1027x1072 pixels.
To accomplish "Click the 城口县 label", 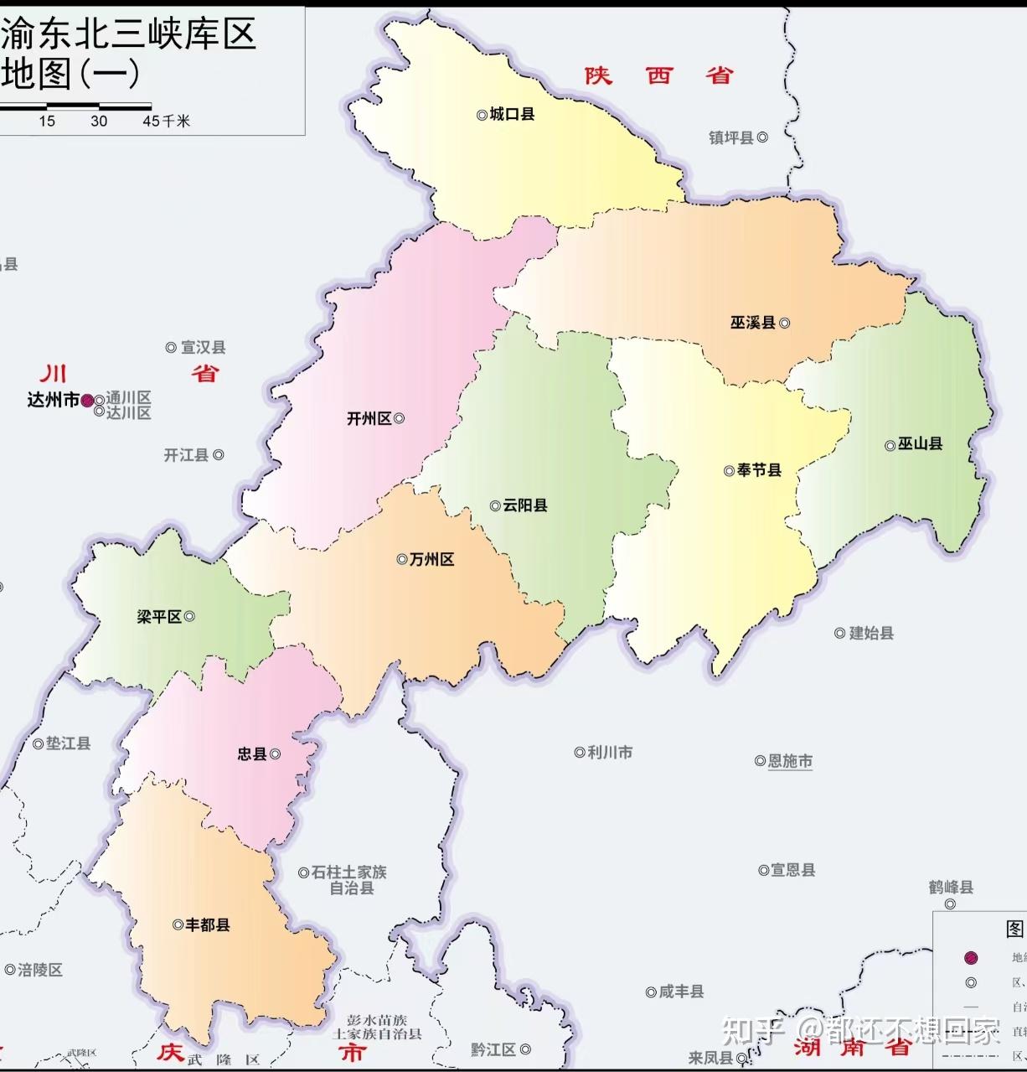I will tap(512, 114).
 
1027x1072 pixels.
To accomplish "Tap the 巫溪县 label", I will tap(752, 323).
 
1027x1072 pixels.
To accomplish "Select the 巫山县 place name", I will tap(920, 444).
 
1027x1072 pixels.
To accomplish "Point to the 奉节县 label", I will tap(759, 470).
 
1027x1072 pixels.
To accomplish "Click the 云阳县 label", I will tap(525, 505).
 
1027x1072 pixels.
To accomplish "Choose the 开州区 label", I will tap(369, 418).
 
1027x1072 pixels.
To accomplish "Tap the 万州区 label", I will tap(431, 559).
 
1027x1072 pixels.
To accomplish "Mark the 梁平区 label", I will tap(159, 617).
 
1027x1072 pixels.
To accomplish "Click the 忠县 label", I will tap(251, 754).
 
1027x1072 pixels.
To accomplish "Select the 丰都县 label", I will tap(207, 924).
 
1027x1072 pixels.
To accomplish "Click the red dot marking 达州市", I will tap(87, 401).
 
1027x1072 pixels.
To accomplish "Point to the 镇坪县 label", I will tap(731, 137).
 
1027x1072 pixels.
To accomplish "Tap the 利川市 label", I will tap(610, 753).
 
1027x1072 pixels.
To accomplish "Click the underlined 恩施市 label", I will tap(790, 761).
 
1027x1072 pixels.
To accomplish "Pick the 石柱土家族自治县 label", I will tap(349, 880).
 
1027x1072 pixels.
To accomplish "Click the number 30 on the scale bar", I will tap(99, 121).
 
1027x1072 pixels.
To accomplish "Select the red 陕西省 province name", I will tap(659, 75).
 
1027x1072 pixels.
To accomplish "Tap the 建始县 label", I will tap(871, 633).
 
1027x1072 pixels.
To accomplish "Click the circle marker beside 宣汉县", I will tap(171, 347).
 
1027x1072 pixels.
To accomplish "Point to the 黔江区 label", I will tap(493, 1049).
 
